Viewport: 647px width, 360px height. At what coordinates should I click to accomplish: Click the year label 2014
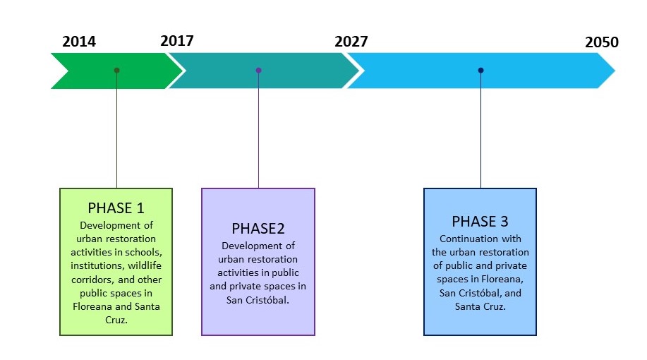click(x=79, y=41)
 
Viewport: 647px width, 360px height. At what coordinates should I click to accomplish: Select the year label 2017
click(x=176, y=40)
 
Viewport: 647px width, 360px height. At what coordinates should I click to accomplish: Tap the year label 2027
click(x=351, y=41)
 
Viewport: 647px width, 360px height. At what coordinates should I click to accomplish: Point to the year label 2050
click(x=601, y=42)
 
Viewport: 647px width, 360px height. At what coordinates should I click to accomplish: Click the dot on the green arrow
click(x=116, y=71)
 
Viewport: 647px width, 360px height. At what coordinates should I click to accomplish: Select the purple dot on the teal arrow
click(x=258, y=71)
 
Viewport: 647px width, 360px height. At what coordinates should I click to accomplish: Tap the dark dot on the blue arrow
click(x=480, y=71)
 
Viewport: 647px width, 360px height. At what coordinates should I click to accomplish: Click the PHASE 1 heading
click(x=116, y=208)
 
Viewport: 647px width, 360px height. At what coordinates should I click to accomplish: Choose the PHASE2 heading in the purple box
click(x=258, y=229)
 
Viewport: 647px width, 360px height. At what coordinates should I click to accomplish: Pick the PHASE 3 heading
click(x=480, y=221)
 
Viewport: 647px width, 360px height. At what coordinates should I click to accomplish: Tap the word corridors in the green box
click(x=94, y=280)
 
